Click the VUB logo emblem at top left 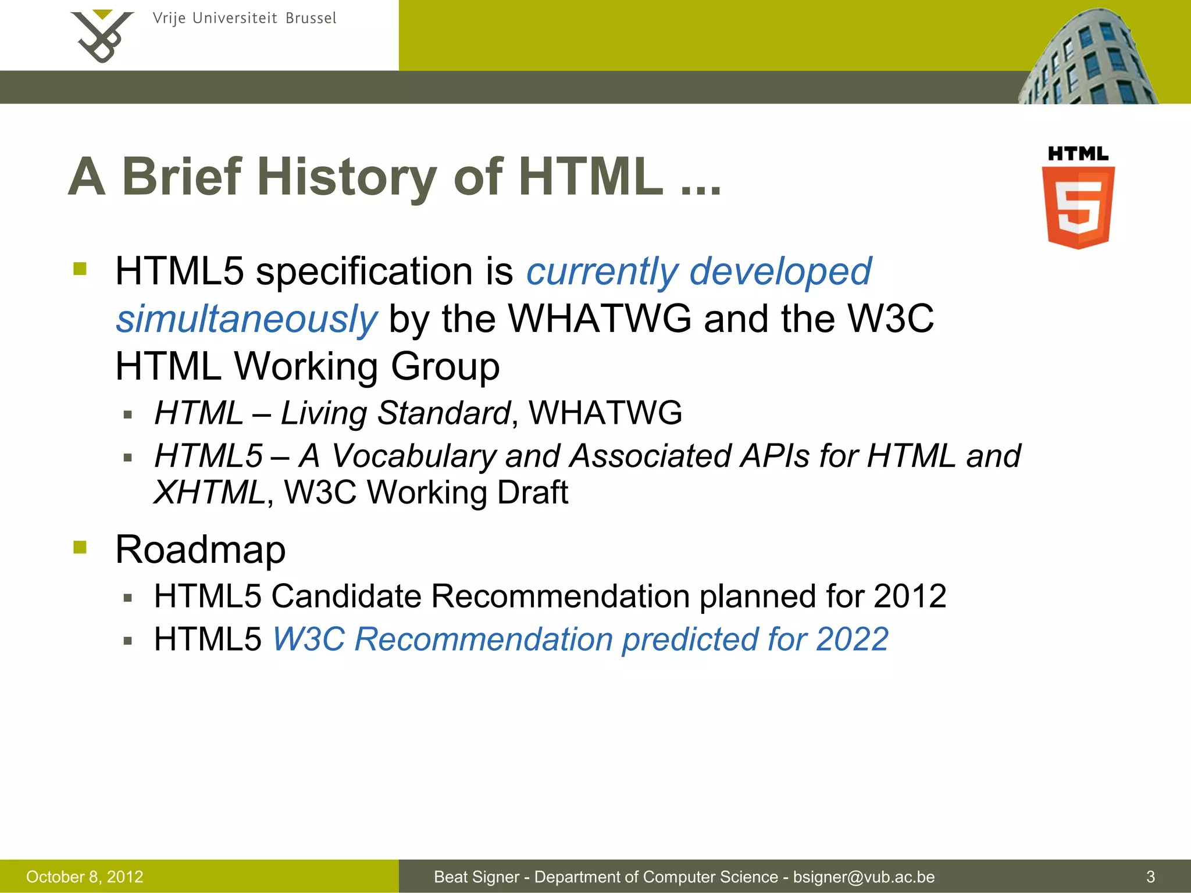tap(102, 36)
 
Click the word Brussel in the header tap(311, 19)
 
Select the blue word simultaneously tap(247, 319)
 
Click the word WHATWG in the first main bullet tap(600, 319)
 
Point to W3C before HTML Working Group tap(890, 319)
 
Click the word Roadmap tap(201, 549)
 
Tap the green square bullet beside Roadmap tap(80, 547)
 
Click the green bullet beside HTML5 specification tap(80, 269)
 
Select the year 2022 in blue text tap(852, 640)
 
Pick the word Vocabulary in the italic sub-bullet tap(413, 456)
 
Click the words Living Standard tap(395, 413)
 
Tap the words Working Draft tap(468, 493)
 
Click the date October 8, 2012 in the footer tap(85, 877)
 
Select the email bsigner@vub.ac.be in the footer tap(864, 877)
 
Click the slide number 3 tap(1150, 877)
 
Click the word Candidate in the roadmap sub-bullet tap(347, 596)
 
